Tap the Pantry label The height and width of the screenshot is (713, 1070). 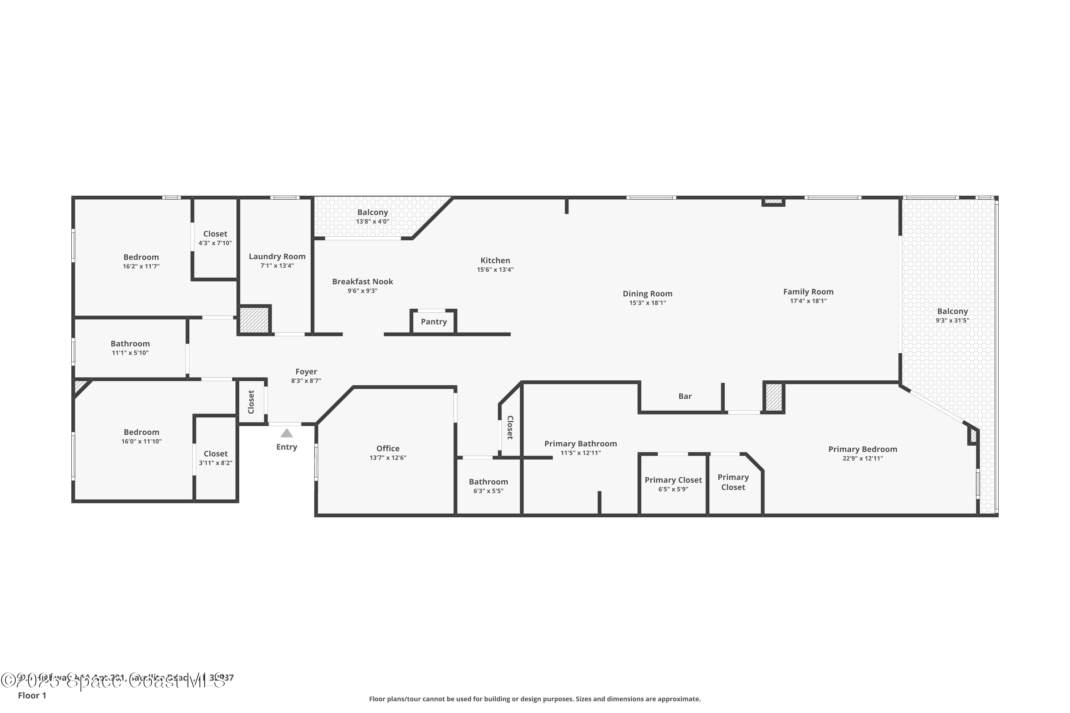pyautogui.click(x=434, y=322)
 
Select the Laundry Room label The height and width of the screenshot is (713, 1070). pyautogui.click(x=277, y=256)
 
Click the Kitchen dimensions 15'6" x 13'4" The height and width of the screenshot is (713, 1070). pyautogui.click(x=495, y=270)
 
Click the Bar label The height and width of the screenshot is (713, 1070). pyautogui.click(x=685, y=396)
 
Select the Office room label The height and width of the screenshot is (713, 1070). pyautogui.click(x=388, y=448)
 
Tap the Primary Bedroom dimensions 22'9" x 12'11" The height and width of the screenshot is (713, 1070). pyautogui.click(x=862, y=458)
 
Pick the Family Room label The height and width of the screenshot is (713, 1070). pyautogui.click(x=808, y=292)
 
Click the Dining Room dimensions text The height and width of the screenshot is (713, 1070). pyautogui.click(x=647, y=303)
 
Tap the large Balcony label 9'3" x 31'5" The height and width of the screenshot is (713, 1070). pyautogui.click(x=952, y=312)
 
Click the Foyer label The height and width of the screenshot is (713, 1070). pyautogui.click(x=306, y=371)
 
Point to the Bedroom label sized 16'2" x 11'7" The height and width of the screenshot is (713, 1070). pyautogui.click(x=141, y=257)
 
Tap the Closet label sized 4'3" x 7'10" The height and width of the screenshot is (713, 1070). pyautogui.click(x=215, y=234)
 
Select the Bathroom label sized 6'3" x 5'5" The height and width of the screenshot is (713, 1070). pyautogui.click(x=488, y=482)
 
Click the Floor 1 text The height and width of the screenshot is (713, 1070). pyautogui.click(x=32, y=695)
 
